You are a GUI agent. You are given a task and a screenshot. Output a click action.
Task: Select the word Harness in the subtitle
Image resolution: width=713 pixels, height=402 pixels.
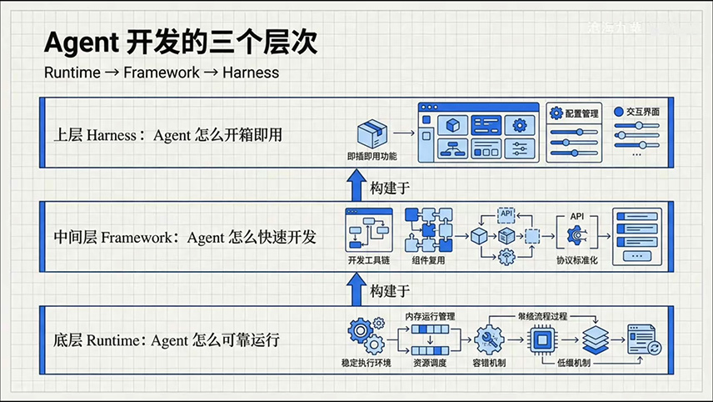(249, 73)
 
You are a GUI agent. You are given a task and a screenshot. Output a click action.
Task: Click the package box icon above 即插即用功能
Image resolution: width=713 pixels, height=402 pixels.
(372, 133)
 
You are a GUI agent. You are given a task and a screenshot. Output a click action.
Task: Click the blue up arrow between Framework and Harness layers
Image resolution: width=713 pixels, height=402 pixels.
(356, 184)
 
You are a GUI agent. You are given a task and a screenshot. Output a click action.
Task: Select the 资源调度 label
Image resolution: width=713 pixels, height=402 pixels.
(431, 364)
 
